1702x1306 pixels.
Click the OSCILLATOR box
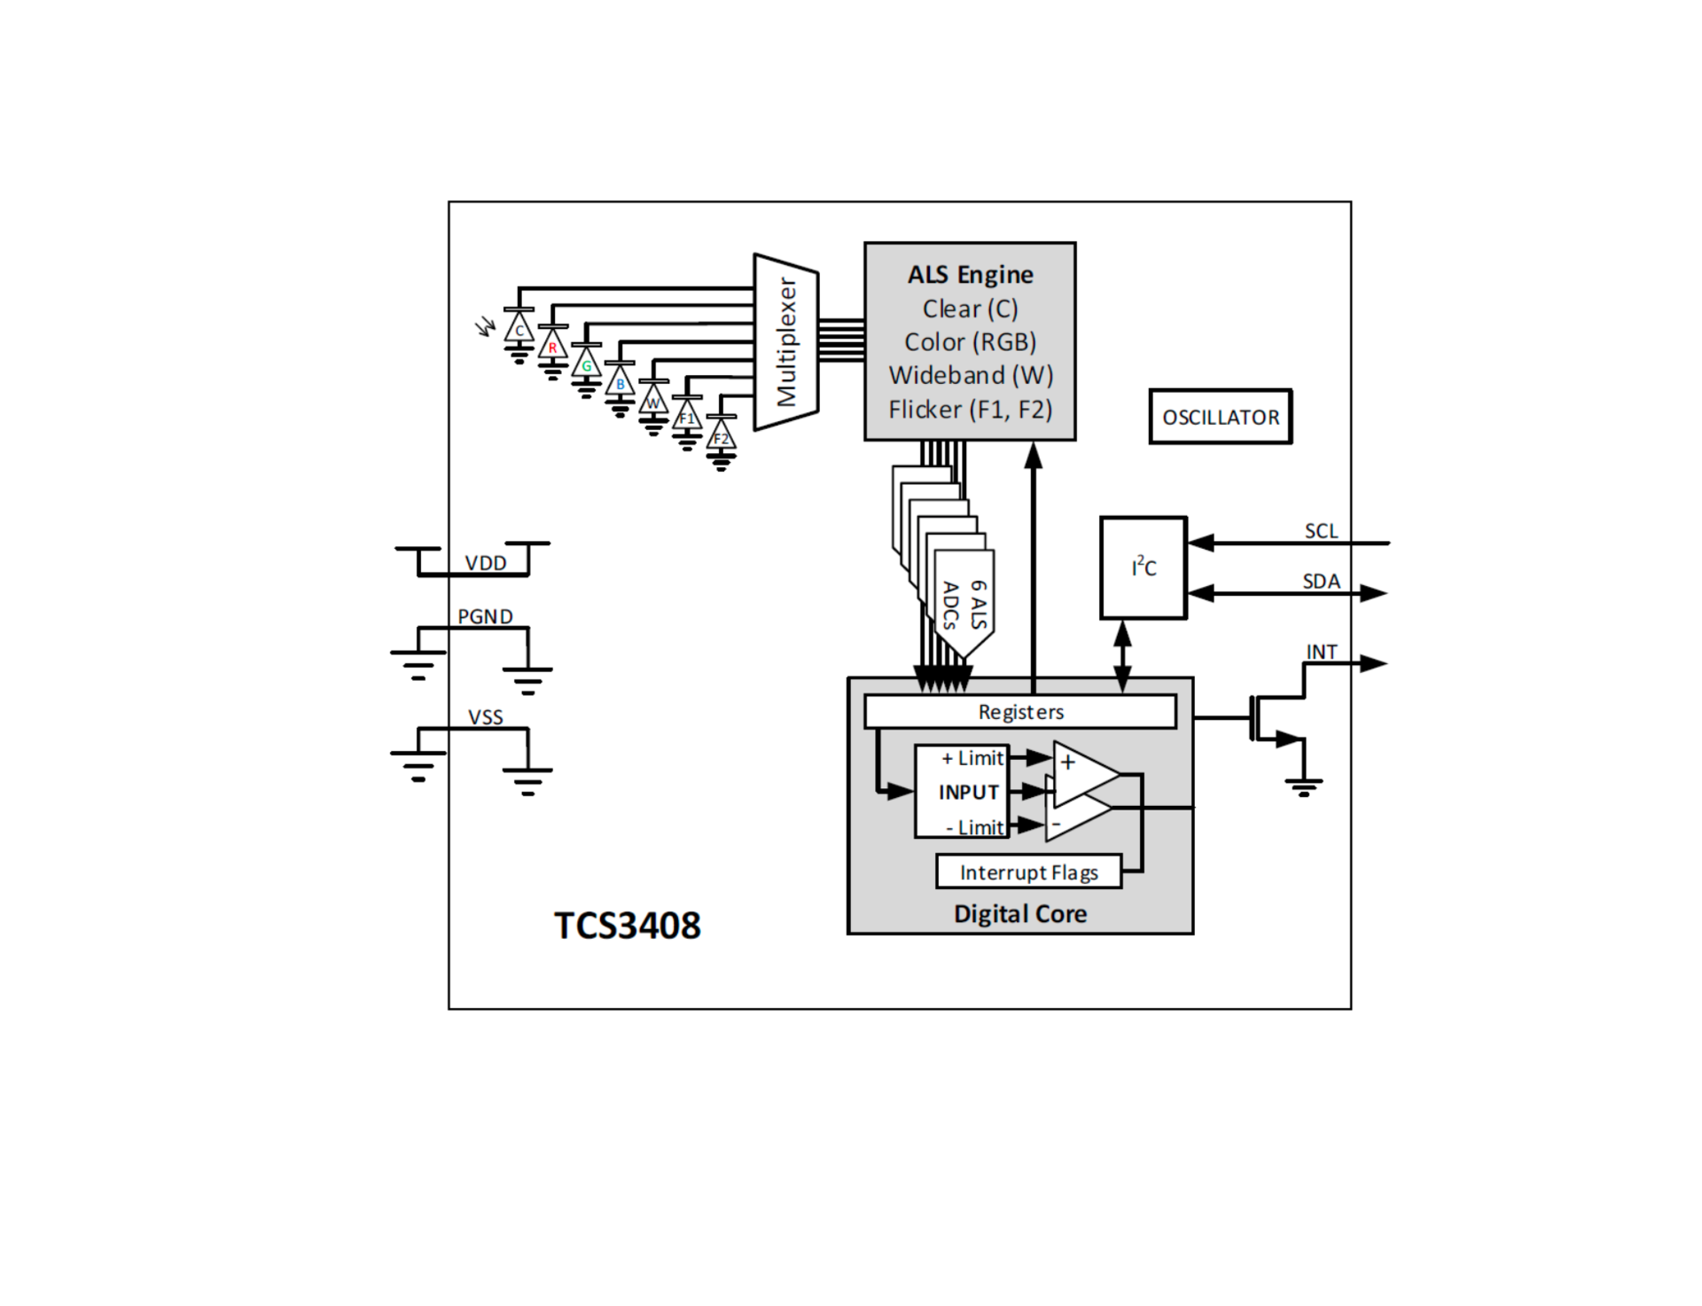(x=1220, y=416)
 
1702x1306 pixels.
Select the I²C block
(x=1143, y=567)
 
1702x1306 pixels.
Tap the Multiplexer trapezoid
(x=785, y=342)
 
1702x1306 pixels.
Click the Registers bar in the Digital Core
(x=1020, y=712)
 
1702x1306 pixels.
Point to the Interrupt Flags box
(x=1028, y=872)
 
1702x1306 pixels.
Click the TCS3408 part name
(x=628, y=926)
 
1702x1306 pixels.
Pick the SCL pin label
(x=1321, y=530)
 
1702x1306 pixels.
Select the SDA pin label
(x=1321, y=581)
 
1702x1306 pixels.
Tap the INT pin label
(x=1321, y=652)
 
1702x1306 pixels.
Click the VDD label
(x=486, y=563)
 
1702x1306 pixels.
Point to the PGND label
(x=485, y=616)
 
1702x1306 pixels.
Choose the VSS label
(x=486, y=717)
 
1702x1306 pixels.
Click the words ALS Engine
(x=970, y=275)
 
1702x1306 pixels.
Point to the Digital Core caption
(x=1020, y=914)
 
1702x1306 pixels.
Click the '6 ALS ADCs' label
(x=964, y=605)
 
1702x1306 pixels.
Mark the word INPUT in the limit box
(x=968, y=792)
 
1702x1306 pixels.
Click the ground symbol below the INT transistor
(x=1303, y=786)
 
